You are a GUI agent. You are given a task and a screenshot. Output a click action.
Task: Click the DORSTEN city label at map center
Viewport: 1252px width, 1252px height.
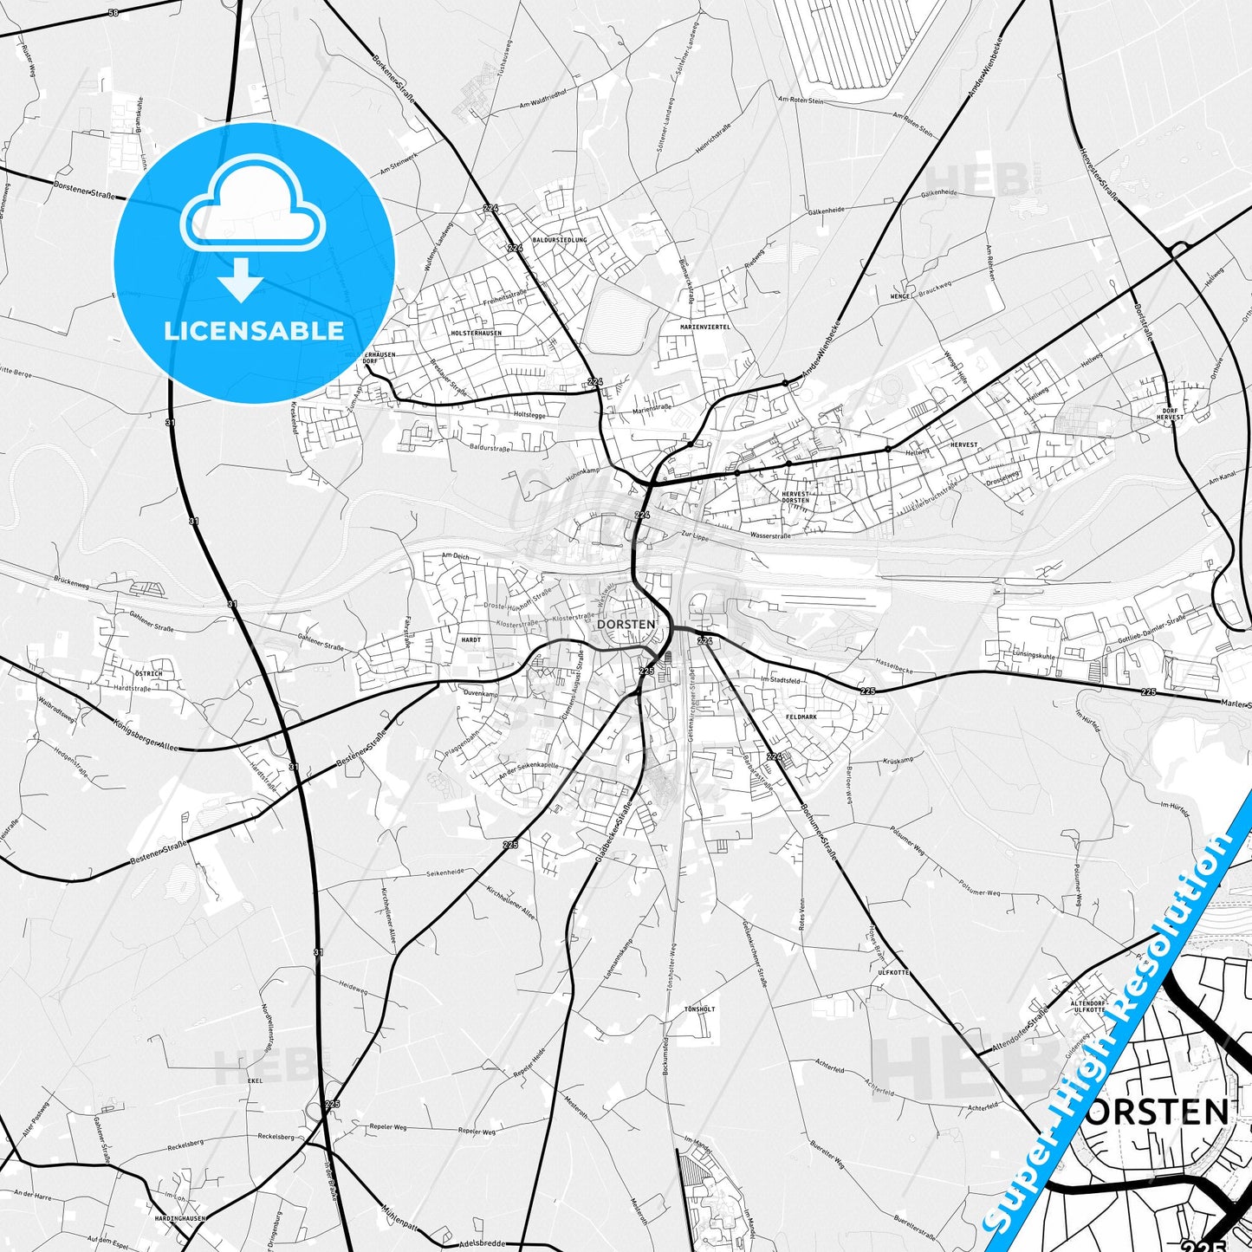coord(626,624)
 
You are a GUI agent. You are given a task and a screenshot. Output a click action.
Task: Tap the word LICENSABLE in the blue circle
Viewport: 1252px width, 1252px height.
coord(254,330)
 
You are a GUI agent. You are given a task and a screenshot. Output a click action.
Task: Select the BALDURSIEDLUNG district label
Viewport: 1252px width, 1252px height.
coord(560,239)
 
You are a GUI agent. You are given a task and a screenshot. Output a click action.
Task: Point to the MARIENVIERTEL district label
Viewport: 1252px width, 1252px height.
coord(705,327)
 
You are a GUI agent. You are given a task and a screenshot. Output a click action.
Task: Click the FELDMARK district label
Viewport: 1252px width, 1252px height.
coord(801,717)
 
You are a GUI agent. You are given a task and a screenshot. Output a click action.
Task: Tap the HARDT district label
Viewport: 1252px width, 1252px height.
coord(471,639)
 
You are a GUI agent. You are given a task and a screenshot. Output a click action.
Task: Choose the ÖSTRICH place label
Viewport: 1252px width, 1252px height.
coord(148,673)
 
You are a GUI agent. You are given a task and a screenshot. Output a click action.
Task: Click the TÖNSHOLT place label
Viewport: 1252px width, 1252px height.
coord(700,1009)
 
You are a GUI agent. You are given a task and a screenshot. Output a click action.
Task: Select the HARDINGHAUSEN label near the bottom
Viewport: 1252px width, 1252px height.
coord(181,1217)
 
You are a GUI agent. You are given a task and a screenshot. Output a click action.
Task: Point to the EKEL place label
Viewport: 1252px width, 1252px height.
coord(255,1081)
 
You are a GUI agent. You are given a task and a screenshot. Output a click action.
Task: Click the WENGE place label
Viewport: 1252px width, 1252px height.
coord(900,296)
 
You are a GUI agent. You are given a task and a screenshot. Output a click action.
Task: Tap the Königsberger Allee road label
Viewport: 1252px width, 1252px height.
coord(144,733)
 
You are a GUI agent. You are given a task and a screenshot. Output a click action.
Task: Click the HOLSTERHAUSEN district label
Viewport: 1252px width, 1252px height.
coord(477,333)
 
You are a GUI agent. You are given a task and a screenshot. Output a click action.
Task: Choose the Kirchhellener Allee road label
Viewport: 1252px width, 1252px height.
coord(511,903)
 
